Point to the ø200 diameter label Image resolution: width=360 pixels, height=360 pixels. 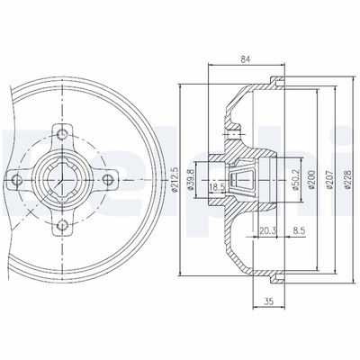(x=310, y=179)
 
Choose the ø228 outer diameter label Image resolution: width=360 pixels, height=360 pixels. (x=348, y=179)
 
